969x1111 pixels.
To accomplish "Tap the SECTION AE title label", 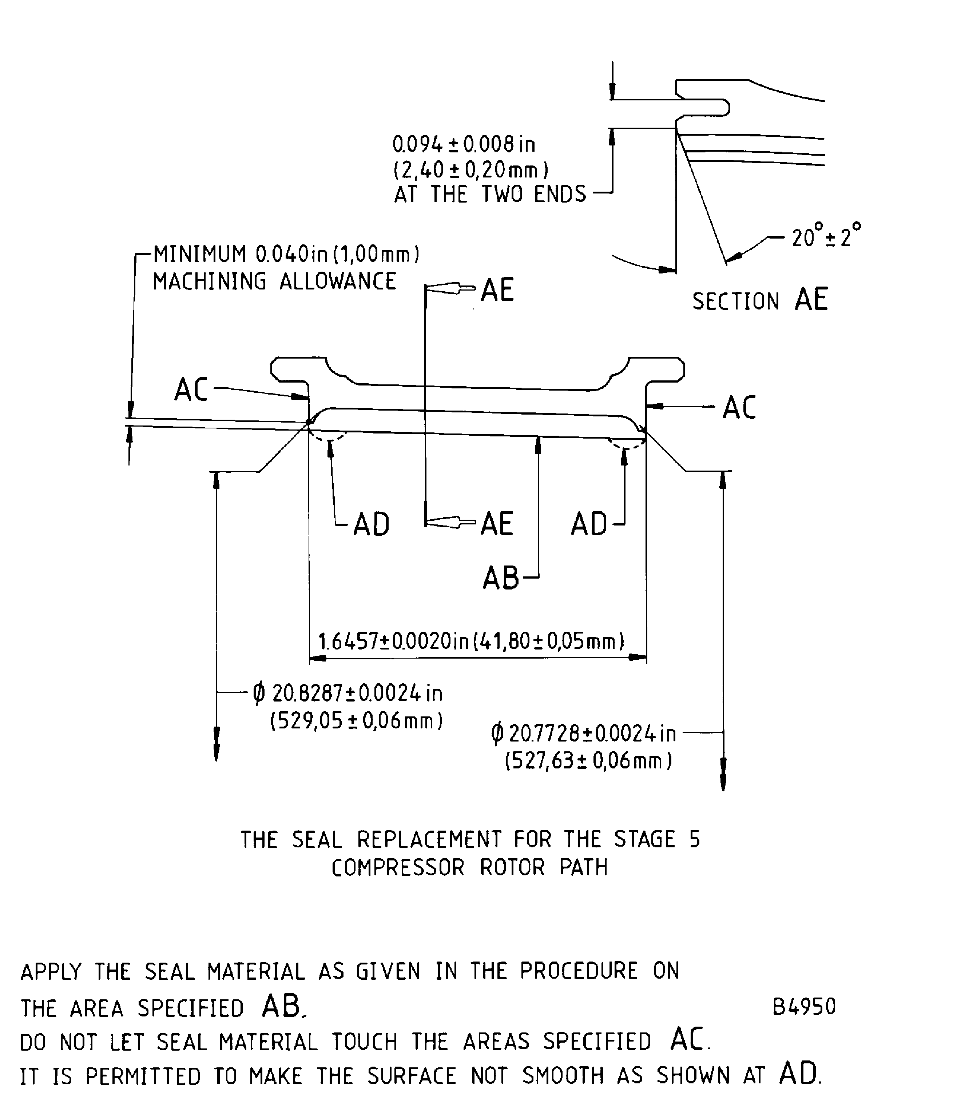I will [x=760, y=300].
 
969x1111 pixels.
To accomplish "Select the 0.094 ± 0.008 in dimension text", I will [x=464, y=144].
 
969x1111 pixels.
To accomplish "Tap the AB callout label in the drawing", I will [x=501, y=578].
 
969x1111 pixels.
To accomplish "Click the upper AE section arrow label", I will [x=497, y=290].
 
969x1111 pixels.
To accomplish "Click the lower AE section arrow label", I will [x=496, y=524].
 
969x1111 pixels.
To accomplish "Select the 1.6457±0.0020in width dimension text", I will [x=471, y=642].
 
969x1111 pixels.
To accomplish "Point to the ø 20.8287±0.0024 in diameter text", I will [x=348, y=693].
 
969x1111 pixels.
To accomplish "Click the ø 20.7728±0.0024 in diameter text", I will [x=584, y=734].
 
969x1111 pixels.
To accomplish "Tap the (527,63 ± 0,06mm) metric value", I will [x=588, y=761].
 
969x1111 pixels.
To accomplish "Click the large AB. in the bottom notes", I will [x=284, y=1006].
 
